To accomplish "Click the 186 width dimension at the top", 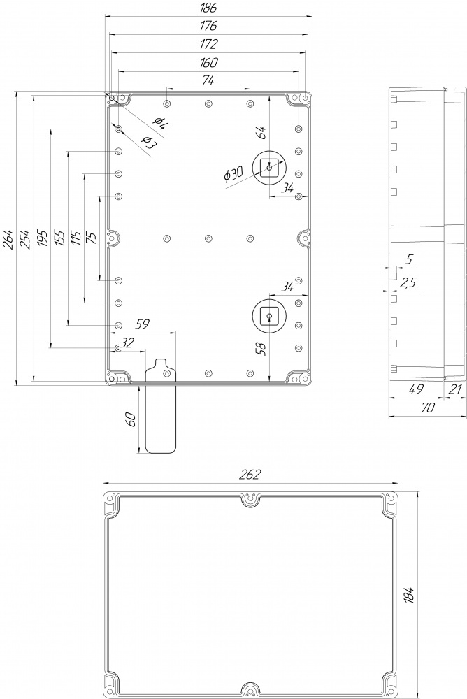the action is click(208, 8).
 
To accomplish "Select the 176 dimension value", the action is click(208, 26).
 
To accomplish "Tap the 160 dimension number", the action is click(208, 62).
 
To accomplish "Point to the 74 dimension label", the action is click(208, 80).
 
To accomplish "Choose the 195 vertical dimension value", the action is click(42, 239).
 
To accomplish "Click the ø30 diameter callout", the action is click(233, 174).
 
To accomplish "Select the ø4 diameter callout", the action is click(159, 122).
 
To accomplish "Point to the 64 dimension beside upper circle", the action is click(261, 132).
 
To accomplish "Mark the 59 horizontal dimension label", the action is click(142, 324).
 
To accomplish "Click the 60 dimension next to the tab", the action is click(131, 419).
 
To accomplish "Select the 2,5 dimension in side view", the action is click(408, 282).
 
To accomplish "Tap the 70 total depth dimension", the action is click(427, 408).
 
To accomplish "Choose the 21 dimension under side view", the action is click(454, 389).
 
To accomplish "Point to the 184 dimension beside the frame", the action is click(410, 595).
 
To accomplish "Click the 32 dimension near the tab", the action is click(127, 343).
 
